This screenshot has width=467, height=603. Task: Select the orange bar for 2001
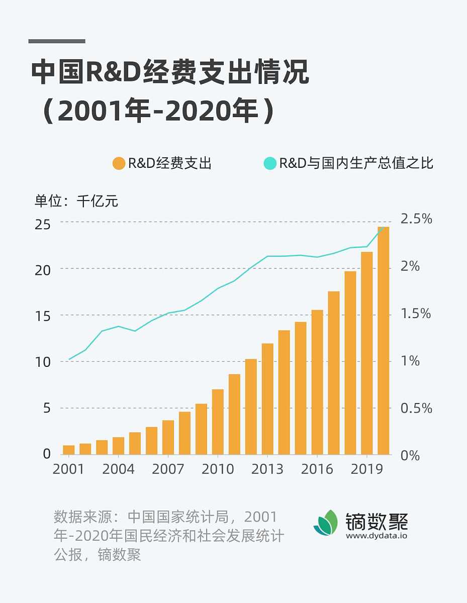[x=69, y=449]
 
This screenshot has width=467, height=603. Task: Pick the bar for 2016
[x=317, y=382]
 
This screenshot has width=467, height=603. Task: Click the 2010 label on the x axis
[x=218, y=469]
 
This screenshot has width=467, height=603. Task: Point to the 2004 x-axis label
[x=119, y=469]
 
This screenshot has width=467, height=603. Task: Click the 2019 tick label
[x=366, y=469]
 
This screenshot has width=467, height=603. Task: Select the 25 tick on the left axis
[x=43, y=223]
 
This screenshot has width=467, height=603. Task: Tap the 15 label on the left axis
[x=43, y=316]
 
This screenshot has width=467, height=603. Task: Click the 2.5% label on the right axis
[x=416, y=219]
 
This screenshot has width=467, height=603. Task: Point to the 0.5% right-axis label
[x=416, y=408]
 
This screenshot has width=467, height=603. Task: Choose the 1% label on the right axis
[x=409, y=361]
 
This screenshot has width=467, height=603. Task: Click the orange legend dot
[x=119, y=163]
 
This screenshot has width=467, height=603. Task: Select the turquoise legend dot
[x=270, y=163]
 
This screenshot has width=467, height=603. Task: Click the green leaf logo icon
[x=326, y=523]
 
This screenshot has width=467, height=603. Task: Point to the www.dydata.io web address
[x=376, y=536]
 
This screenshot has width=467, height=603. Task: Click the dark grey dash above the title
[x=57, y=41]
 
